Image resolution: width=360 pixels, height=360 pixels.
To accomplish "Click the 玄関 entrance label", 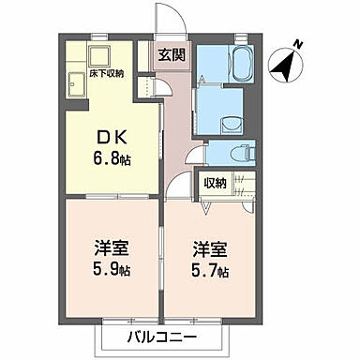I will [171, 54].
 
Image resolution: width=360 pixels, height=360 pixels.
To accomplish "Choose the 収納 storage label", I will [215, 184].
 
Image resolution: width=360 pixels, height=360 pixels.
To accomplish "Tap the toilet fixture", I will [245, 151].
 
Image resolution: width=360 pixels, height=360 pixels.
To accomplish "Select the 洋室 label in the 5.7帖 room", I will [205, 249].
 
